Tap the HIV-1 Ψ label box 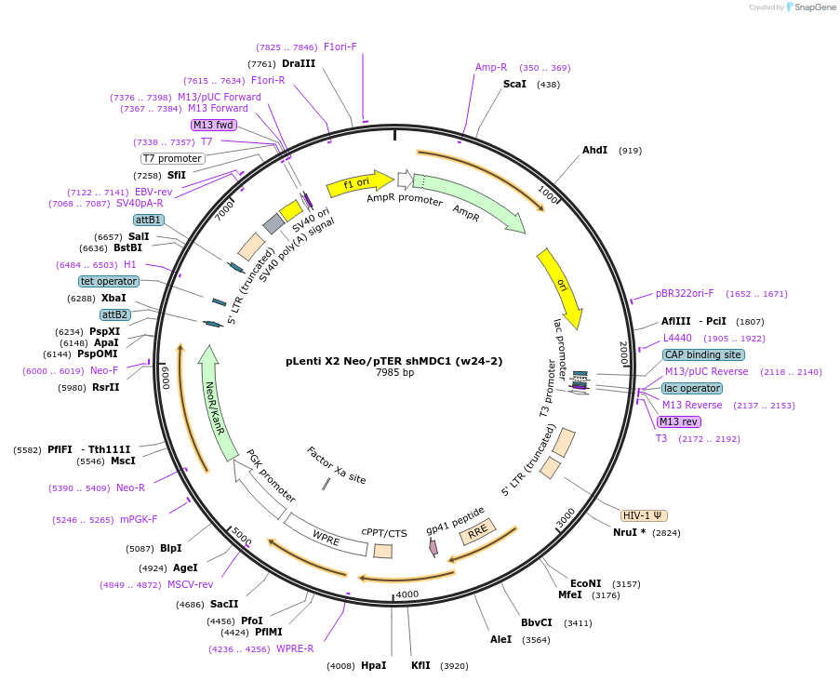(x=644, y=515)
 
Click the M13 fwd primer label (x=213, y=125)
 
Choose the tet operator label (x=109, y=281)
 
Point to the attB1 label (x=149, y=220)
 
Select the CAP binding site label (x=703, y=354)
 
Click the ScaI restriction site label (x=514, y=84)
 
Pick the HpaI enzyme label (x=373, y=665)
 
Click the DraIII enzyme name (x=299, y=63)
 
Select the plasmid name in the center (x=393, y=360)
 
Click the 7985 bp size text (x=394, y=372)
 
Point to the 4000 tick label (x=407, y=594)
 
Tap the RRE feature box (x=477, y=532)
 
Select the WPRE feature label (x=327, y=537)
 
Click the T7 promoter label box (x=172, y=158)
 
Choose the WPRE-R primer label (x=295, y=648)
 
